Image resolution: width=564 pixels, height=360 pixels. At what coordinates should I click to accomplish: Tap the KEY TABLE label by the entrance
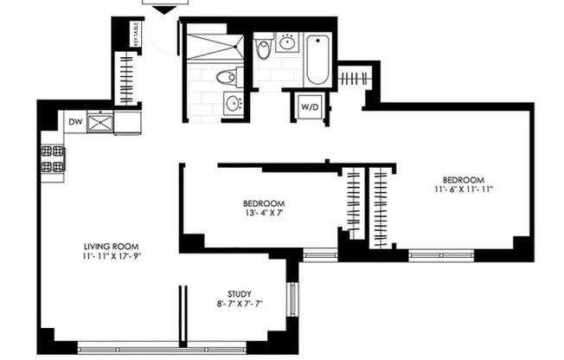[x=137, y=35]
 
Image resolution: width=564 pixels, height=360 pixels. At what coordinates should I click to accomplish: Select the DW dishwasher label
[x=75, y=123]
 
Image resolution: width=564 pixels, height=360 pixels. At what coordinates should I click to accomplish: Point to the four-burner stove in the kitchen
[x=51, y=159]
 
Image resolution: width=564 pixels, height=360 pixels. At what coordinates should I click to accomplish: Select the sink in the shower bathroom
[x=232, y=104]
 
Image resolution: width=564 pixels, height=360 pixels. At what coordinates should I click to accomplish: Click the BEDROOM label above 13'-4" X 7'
[x=260, y=204]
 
